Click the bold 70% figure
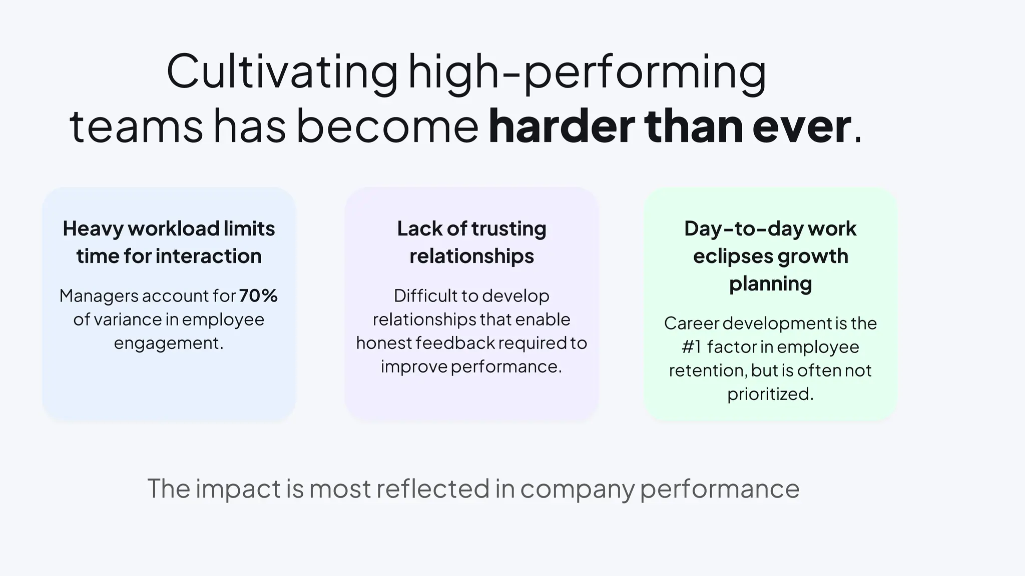(258, 295)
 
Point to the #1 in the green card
(692, 346)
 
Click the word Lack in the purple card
(419, 228)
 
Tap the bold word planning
(770, 283)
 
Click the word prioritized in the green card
(769, 394)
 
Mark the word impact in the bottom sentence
(238, 488)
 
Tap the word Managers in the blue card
(99, 296)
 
